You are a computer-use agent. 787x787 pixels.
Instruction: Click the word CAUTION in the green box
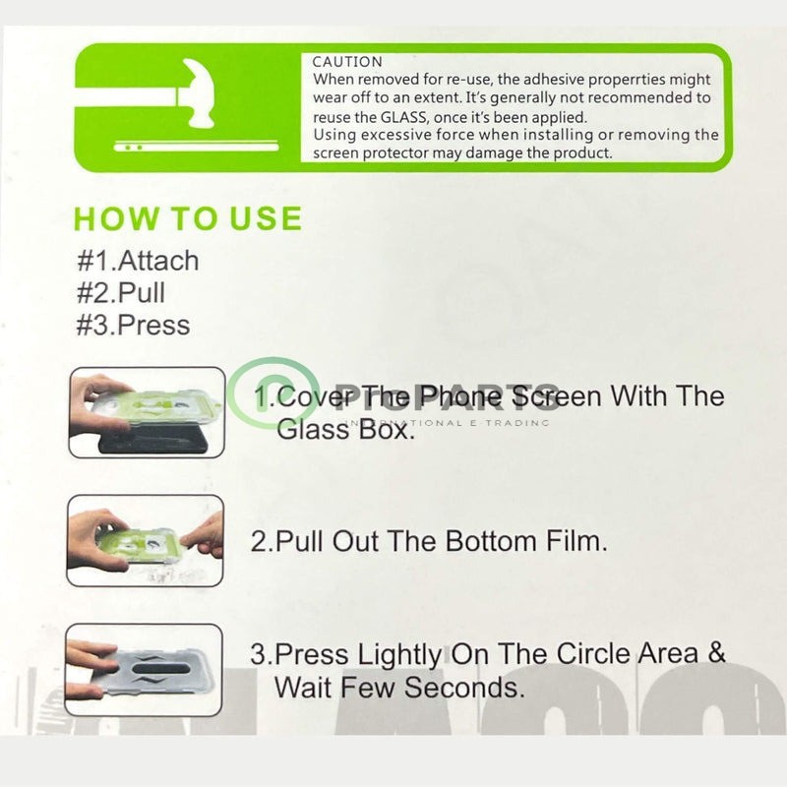(347, 62)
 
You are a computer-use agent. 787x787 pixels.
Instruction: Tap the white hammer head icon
(200, 92)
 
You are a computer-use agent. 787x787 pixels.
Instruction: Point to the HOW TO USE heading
(188, 218)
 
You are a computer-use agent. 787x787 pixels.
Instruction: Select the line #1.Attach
(138, 261)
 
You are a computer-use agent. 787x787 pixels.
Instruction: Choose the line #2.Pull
(121, 292)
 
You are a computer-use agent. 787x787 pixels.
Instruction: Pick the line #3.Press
(134, 325)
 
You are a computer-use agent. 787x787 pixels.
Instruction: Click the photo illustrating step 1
(147, 412)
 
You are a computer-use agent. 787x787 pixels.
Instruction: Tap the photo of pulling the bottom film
(145, 540)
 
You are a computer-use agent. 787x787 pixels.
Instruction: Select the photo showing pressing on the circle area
(144, 670)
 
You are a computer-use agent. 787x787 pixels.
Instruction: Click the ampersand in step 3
(717, 653)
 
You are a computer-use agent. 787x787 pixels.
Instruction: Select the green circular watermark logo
(272, 393)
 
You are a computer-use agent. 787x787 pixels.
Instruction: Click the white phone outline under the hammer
(196, 147)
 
